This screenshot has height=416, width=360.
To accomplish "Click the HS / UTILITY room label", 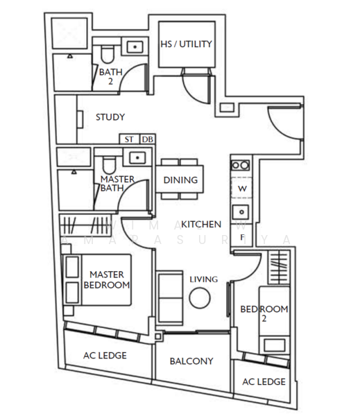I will point(186,44).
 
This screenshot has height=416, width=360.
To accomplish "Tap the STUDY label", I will point(110,117).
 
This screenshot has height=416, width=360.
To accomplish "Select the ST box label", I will point(130,139).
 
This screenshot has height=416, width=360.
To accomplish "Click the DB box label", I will point(147,139).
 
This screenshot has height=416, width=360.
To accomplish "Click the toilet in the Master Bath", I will point(108,164).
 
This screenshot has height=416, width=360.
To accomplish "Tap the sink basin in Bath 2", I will point(134,47).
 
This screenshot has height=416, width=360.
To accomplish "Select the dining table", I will point(180,180).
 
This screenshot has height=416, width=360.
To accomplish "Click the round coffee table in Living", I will point(200,299).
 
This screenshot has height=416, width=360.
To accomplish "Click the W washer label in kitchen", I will point(243,189).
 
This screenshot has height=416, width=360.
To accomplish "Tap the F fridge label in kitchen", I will point(242,237).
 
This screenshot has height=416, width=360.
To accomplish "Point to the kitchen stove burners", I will point(241,166).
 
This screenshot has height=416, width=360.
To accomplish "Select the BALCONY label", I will point(191,361).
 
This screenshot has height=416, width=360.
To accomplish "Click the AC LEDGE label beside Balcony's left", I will point(105,355).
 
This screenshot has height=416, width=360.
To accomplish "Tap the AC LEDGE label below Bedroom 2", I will point(264,382).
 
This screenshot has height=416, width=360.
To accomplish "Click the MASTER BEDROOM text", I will point(106,280).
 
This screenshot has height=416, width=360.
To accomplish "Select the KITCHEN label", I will point(201,224).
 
